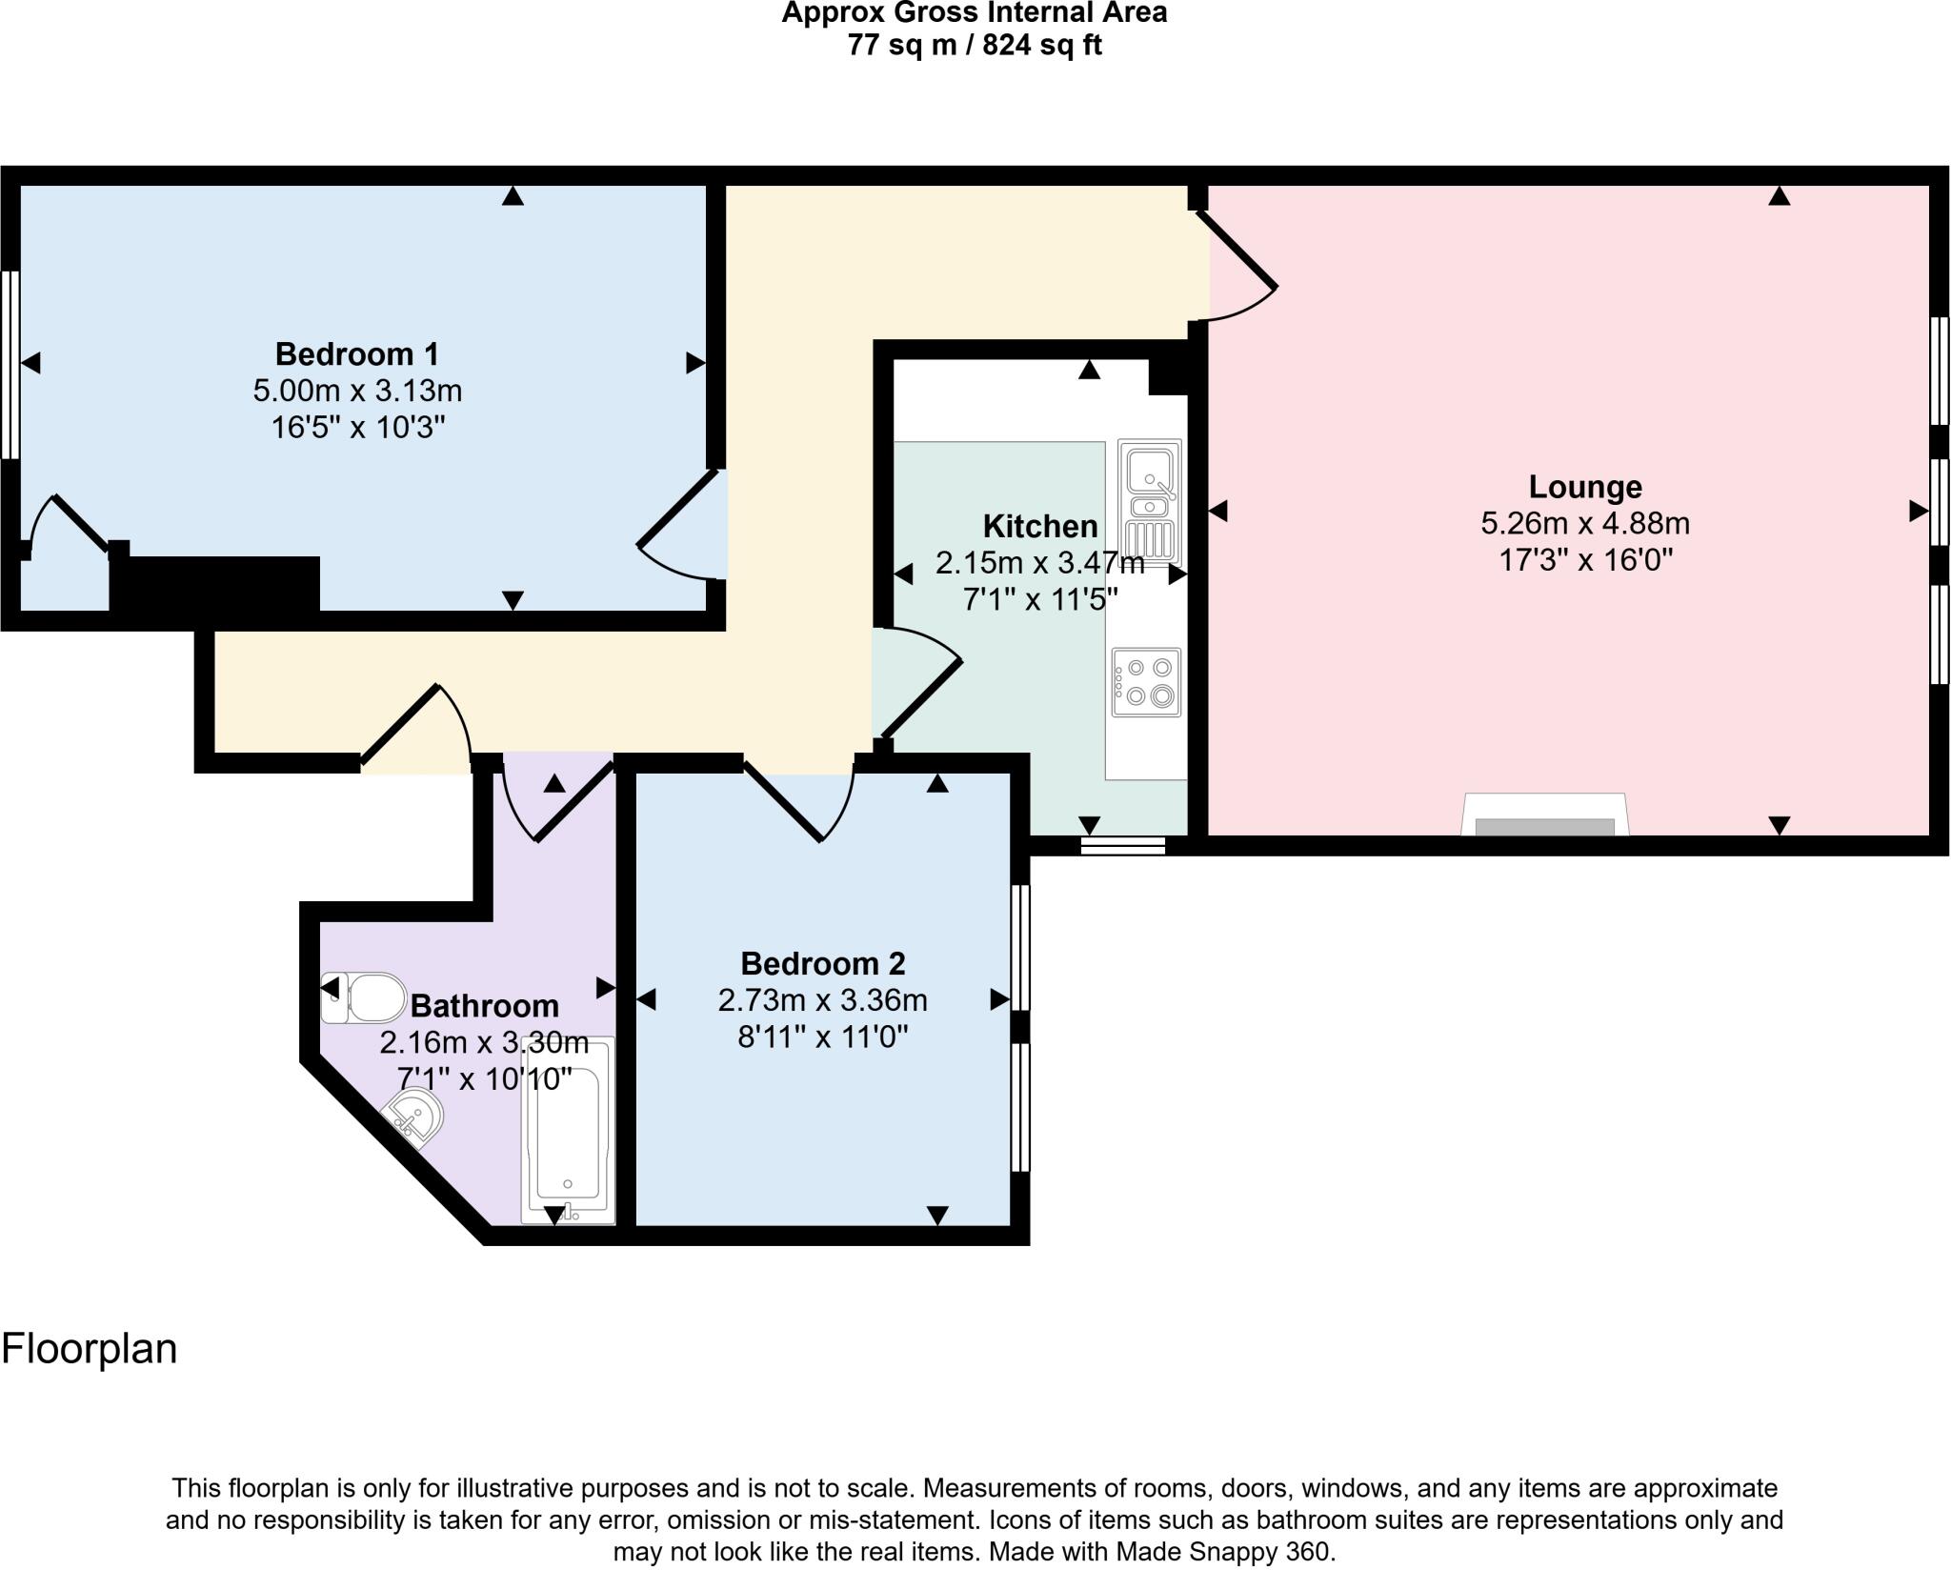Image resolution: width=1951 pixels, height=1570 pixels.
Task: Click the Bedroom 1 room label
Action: [x=356, y=354]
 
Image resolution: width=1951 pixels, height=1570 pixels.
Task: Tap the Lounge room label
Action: [x=1585, y=487]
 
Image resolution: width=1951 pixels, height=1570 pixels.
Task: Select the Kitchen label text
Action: [x=1039, y=526]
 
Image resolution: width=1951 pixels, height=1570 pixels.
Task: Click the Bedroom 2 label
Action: [x=822, y=964]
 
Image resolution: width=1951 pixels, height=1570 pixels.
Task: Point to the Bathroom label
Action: [x=484, y=1006]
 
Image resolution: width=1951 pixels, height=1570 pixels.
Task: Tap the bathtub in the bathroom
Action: [x=568, y=1130]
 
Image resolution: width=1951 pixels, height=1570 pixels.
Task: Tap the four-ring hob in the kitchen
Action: [x=1147, y=682]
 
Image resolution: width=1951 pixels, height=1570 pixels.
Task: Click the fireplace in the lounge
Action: [x=1544, y=817]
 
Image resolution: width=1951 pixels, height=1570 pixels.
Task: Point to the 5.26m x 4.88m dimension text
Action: [x=1585, y=523]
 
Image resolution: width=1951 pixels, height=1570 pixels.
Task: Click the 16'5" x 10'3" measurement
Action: [x=358, y=428]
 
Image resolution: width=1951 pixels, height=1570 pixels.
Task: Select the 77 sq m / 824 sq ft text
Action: [x=975, y=45]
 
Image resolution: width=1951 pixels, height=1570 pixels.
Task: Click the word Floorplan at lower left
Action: [x=90, y=1349]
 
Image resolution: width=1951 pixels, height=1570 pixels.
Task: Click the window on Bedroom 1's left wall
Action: [x=10, y=364]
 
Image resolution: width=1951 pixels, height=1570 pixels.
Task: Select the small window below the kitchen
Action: [x=1123, y=845]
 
